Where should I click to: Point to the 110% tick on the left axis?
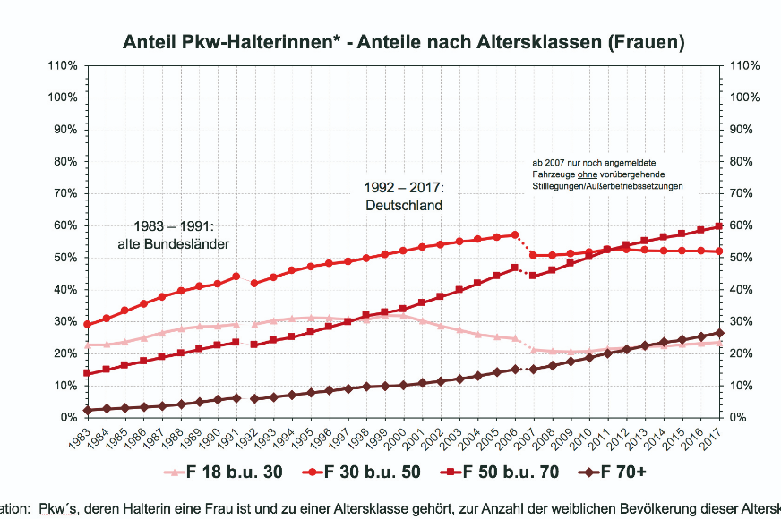click(64, 65)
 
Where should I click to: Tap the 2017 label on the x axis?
click(717, 438)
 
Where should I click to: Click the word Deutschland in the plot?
click(404, 205)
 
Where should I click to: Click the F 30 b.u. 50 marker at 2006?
click(514, 234)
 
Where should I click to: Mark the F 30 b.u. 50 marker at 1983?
click(87, 325)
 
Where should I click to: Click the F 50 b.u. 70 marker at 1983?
click(87, 373)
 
